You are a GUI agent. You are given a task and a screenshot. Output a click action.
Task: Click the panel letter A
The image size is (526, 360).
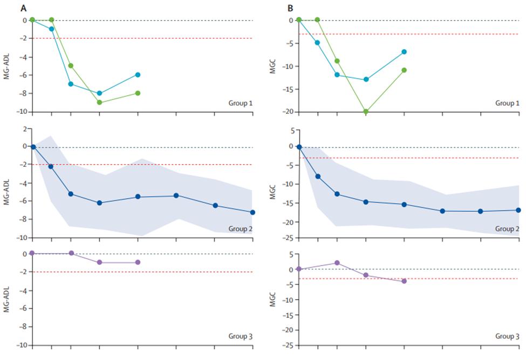pos(23,8)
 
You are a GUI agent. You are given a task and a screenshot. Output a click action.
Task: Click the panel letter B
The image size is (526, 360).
pos(290,8)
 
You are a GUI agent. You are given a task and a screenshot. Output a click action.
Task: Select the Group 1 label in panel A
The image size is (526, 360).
pos(241,103)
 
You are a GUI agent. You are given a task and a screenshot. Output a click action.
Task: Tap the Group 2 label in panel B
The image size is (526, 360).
pos(508,229)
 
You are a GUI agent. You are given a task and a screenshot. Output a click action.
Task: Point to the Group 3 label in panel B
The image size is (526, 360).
pos(508,336)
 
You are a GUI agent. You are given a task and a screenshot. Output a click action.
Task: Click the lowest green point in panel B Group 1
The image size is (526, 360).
pos(366,112)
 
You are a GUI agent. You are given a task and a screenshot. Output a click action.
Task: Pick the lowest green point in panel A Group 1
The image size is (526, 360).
pos(99,103)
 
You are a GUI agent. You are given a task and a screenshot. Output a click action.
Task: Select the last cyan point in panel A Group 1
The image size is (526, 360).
pos(138,74)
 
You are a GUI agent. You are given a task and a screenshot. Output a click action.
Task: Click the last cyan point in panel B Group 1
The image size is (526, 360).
pos(404,52)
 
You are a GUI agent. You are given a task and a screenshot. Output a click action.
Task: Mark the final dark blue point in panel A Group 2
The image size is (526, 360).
pos(252,213)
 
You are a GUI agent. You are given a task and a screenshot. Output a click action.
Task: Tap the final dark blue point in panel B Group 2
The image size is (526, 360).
pos(518,210)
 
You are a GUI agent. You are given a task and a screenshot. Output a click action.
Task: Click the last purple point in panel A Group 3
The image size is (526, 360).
pos(138,262)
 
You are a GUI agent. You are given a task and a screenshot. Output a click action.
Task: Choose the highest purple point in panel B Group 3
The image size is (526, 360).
pos(337,263)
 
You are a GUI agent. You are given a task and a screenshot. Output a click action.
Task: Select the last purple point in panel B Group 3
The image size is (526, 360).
pos(404,281)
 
